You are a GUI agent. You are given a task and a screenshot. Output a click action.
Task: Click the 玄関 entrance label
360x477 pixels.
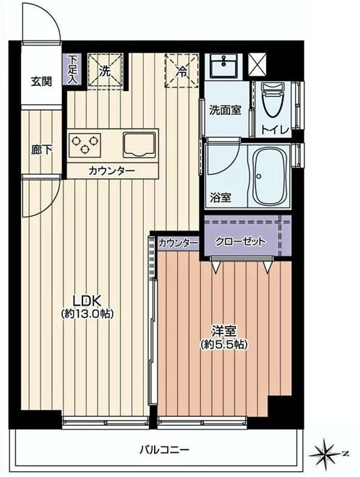click(41, 81)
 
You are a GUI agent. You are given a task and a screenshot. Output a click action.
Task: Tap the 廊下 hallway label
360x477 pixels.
click(41, 150)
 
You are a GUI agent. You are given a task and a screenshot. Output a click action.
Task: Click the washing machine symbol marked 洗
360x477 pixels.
click(105, 70)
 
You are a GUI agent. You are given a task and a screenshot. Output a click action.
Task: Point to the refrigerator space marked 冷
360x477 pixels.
click(181, 71)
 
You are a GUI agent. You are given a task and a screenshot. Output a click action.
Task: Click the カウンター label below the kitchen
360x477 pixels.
click(111, 171)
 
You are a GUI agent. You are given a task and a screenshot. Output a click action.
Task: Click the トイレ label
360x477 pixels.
click(275, 129)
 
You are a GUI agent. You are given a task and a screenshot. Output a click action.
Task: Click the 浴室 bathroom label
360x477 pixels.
click(221, 197)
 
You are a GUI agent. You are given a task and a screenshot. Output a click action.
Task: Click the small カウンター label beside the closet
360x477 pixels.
click(178, 243)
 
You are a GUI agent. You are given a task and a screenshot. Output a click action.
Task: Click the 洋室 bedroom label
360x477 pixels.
click(224, 331)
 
